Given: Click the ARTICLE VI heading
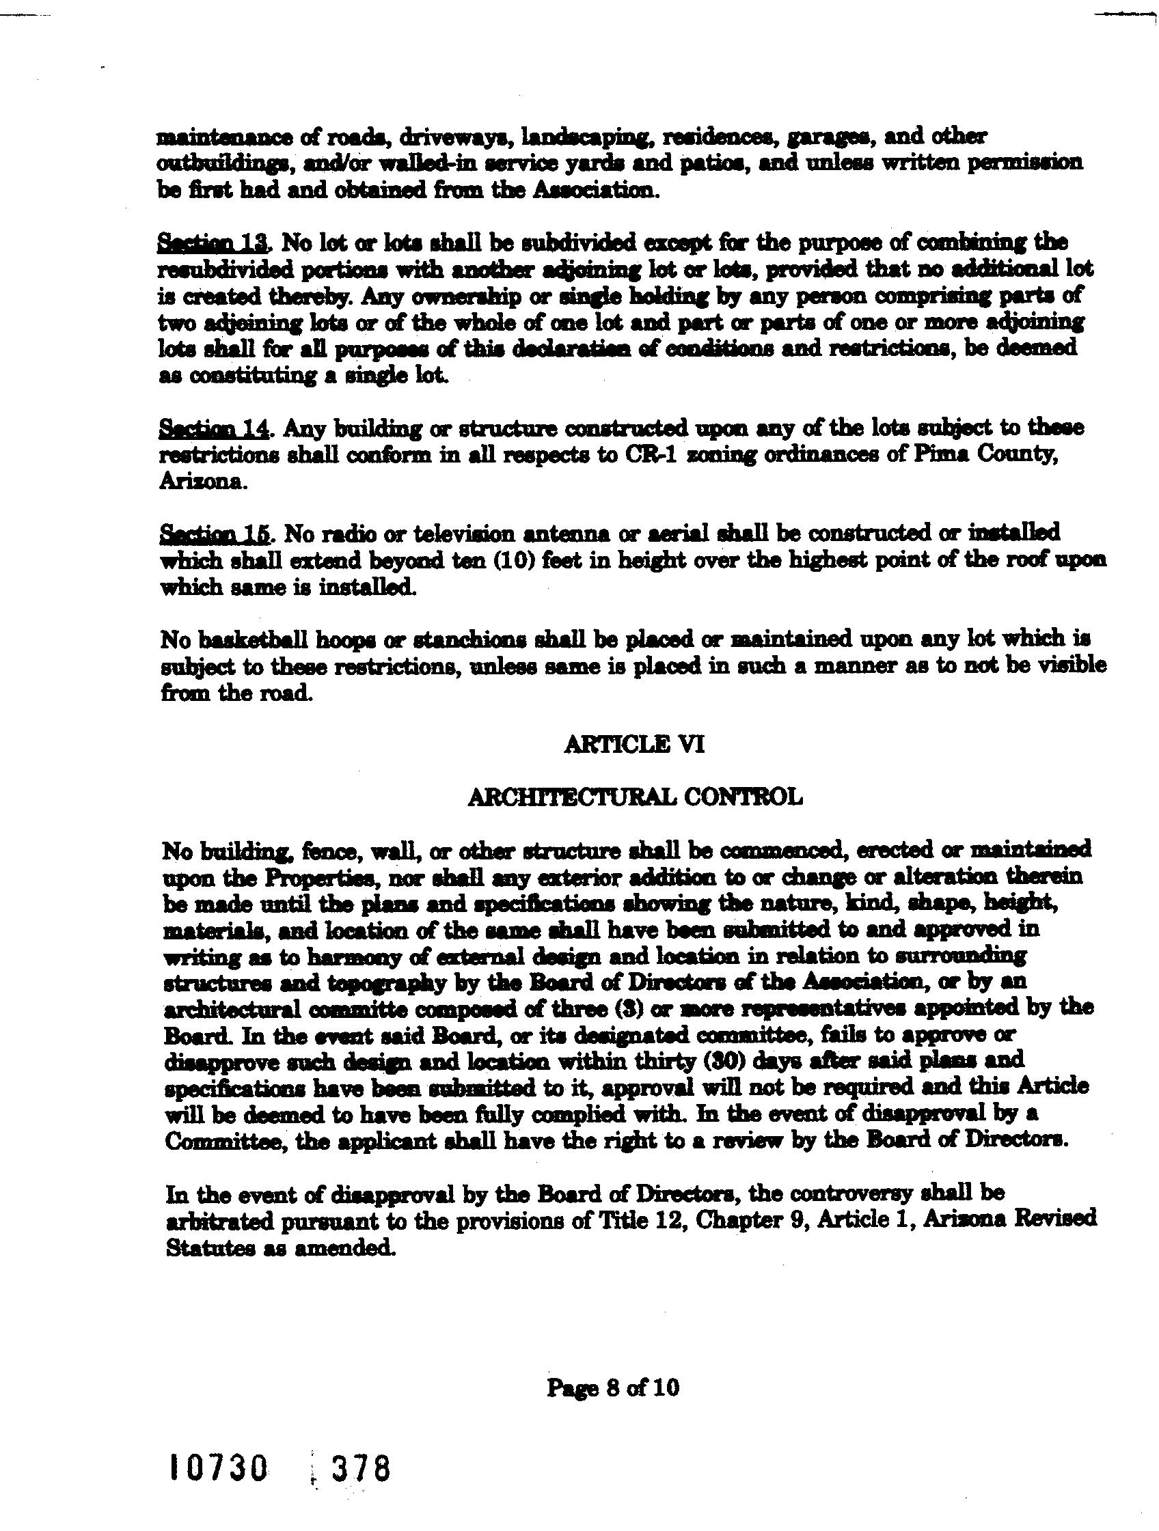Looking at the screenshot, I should click(x=634, y=745).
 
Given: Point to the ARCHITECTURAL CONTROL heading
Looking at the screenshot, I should click(x=635, y=797).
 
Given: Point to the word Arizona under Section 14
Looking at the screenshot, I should click(x=202, y=482).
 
